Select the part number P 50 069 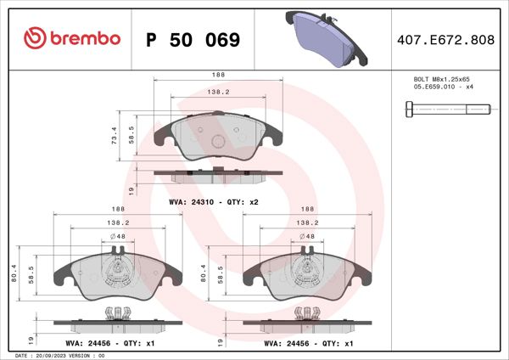point(193,40)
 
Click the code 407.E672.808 point(445,40)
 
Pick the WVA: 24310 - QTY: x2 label point(213,201)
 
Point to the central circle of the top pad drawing point(217,142)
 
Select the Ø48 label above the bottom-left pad point(119,236)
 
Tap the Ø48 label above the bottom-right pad point(309,236)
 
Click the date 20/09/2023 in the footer point(54,355)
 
